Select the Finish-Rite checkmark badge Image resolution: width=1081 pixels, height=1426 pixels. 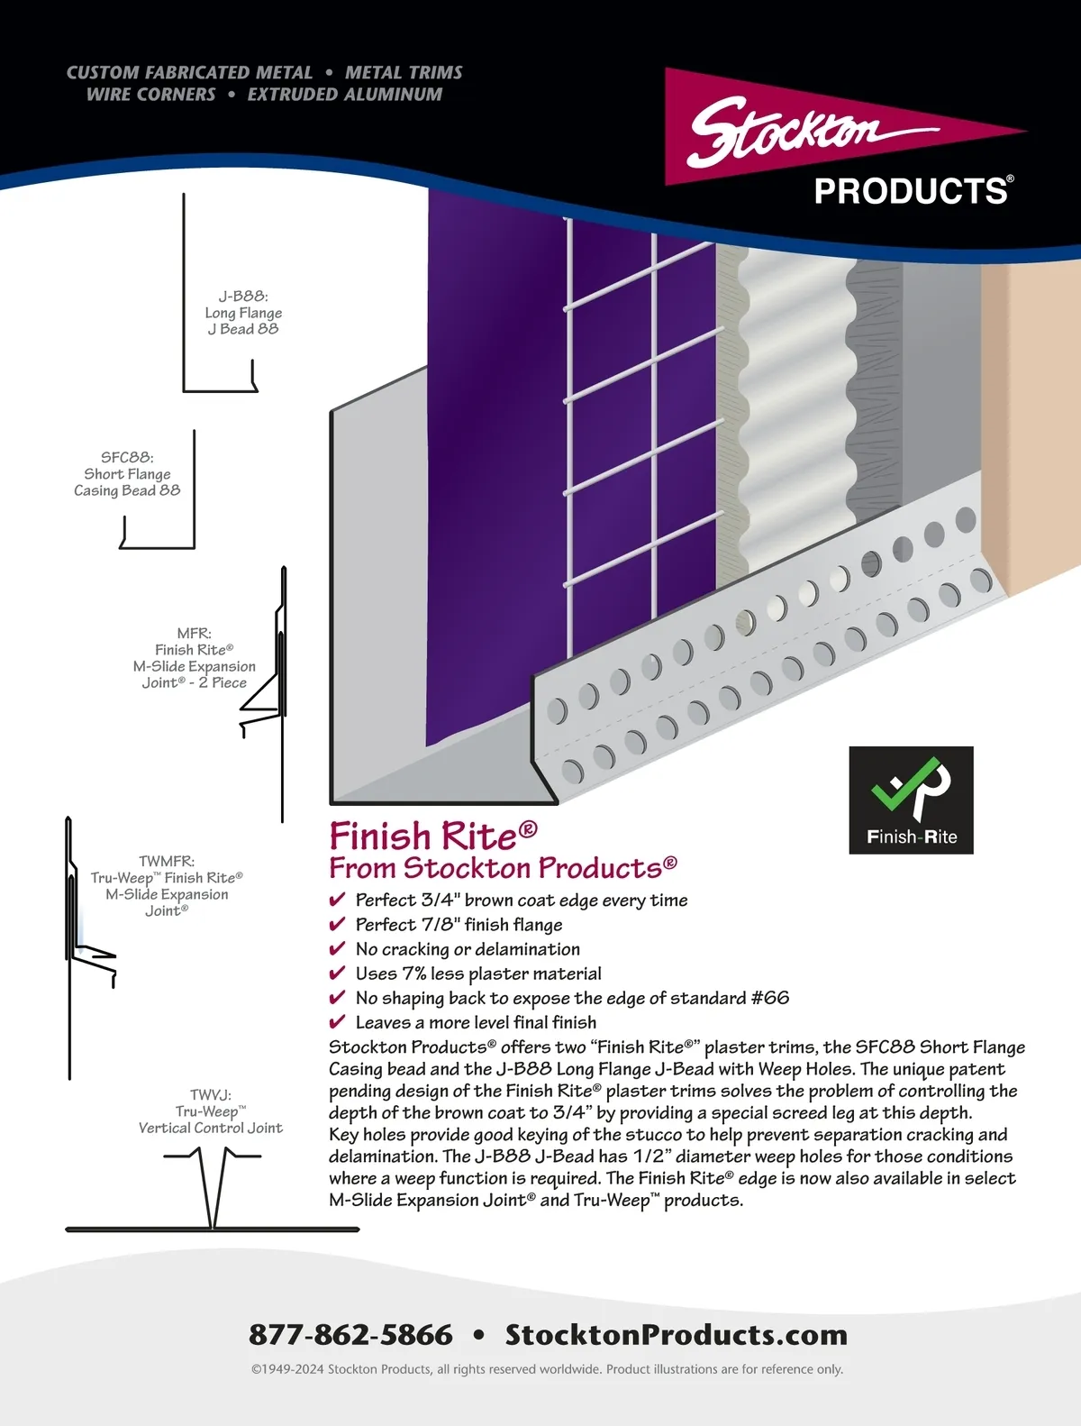point(911,800)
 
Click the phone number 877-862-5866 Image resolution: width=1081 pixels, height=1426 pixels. point(350,1334)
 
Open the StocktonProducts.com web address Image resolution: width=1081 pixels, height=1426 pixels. point(676,1334)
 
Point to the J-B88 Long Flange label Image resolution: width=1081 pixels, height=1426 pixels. point(243,313)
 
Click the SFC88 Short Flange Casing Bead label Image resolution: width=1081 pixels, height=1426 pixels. point(127,474)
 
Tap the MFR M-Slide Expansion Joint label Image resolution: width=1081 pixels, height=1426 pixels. point(195,658)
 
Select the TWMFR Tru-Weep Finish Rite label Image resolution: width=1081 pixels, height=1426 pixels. point(167,886)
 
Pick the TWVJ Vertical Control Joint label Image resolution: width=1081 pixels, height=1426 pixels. point(211,1111)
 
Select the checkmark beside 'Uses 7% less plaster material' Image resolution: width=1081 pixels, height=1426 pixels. point(337,974)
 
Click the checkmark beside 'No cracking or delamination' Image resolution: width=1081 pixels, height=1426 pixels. point(337,949)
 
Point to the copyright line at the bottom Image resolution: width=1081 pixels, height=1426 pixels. point(547,1369)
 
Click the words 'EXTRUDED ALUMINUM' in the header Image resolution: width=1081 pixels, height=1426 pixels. point(345,95)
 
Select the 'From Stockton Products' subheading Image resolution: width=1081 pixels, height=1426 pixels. point(502,868)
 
